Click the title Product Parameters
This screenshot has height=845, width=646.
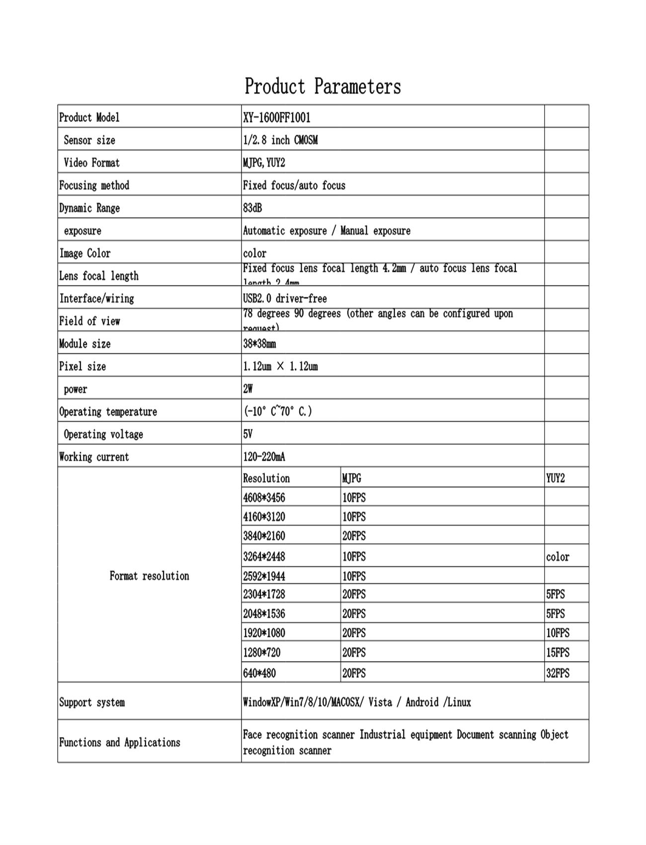323,86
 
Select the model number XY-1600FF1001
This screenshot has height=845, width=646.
276,118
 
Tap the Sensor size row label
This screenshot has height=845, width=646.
89,141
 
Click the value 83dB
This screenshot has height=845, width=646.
252,208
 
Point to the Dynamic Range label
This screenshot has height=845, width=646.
89,208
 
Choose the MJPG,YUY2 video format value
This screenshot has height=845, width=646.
264,163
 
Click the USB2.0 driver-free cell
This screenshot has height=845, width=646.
285,299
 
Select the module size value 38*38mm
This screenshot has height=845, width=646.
259,344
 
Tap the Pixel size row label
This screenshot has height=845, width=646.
82,367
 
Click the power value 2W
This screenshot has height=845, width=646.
248,389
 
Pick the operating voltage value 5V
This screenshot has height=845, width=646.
248,434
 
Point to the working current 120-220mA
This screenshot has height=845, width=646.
264,457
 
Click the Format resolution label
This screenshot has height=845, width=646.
149,576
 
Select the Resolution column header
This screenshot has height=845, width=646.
266,479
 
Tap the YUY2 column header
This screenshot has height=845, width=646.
556,479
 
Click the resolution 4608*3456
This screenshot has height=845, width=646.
264,498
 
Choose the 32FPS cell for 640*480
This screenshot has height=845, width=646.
558,674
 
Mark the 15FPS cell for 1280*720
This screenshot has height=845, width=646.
558,653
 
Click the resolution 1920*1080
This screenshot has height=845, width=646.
264,633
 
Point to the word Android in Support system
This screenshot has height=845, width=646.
422,702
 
